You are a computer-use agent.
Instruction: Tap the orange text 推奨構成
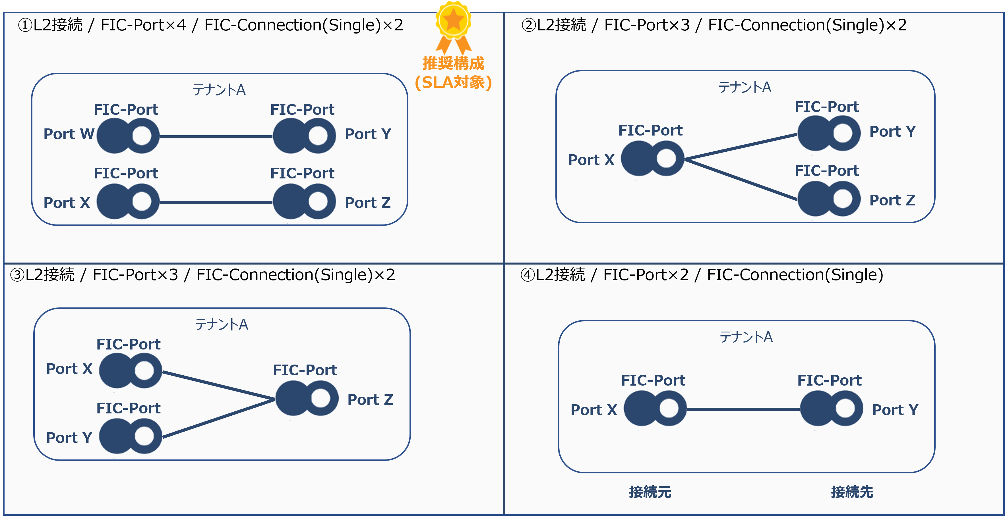(x=453, y=63)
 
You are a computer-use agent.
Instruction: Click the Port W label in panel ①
(x=69, y=134)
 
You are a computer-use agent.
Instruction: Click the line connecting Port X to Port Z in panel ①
(x=216, y=202)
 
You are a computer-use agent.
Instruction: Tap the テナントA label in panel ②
(x=745, y=87)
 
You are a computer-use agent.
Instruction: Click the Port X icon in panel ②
(x=652, y=159)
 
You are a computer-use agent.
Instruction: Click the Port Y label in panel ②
(x=892, y=132)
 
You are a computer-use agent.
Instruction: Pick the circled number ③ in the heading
(x=17, y=275)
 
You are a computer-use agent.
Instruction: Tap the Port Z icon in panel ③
(x=307, y=398)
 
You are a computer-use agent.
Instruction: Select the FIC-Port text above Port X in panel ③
(x=128, y=344)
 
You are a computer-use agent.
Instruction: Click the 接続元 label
(x=650, y=492)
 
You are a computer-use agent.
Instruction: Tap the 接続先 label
(x=852, y=492)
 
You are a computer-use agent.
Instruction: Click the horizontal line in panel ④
(x=743, y=409)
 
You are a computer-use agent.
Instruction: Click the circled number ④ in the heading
(x=528, y=275)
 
